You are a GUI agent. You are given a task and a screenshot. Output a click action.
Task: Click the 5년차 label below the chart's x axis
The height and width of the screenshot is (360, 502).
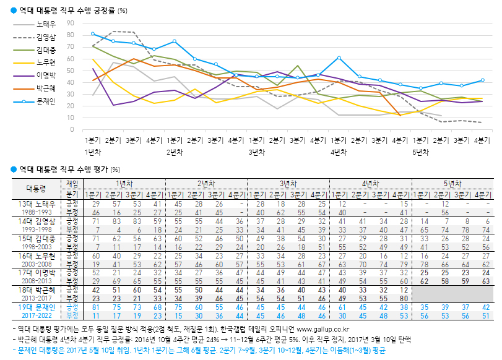pyautogui.click(x=420, y=152)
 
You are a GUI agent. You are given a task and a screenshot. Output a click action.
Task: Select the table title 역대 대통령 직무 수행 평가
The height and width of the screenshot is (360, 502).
pyautogui.click(x=62, y=169)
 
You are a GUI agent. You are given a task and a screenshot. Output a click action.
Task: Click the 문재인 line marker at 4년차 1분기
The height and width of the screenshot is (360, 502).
pyautogui.click(x=339, y=58)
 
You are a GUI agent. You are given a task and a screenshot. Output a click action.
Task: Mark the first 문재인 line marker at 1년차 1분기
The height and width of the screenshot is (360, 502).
pyautogui.click(x=92, y=33)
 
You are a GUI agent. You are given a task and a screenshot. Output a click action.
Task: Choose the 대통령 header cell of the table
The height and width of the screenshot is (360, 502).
pyautogui.click(x=36, y=187)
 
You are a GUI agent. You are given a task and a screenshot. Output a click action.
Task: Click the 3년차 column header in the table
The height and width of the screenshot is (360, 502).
pyautogui.click(x=288, y=183)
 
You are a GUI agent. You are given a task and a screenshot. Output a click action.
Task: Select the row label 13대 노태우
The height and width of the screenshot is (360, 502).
pyautogui.click(x=36, y=204)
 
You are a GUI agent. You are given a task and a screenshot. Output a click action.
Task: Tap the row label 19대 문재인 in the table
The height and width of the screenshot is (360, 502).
pyautogui.click(x=36, y=307)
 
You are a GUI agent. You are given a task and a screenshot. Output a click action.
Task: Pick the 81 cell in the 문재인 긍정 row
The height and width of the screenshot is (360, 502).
pyautogui.click(x=95, y=307)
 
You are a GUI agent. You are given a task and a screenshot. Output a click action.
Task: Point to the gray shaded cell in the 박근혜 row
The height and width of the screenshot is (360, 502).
pyautogui.click(x=454, y=293)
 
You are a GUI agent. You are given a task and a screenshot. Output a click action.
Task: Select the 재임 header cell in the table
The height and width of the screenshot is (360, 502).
pyautogui.click(x=72, y=183)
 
